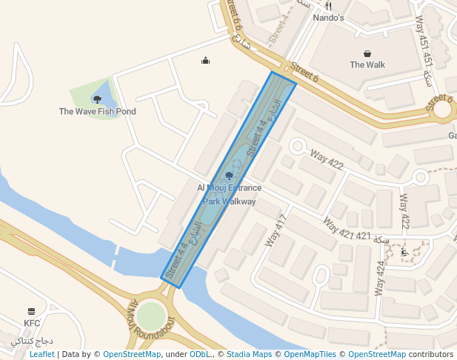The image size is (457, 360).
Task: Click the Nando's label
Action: click(328, 18)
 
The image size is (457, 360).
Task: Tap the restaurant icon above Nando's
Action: click(328, 6)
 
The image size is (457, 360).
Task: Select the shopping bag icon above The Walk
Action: click(367, 53)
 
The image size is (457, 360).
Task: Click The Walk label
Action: click(367, 64)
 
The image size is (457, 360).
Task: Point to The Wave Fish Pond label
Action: click(98, 112)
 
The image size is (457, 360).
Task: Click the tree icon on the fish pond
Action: click(97, 99)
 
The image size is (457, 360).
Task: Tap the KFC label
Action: click(32, 323)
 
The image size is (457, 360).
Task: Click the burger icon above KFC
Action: click(31, 311)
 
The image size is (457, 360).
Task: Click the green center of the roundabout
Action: click(151, 316)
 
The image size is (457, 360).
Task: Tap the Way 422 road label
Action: click(327, 159)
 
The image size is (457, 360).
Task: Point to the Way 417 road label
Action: click(275, 230)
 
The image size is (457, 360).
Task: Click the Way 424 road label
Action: click(381, 278)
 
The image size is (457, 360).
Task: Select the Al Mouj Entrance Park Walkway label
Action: click(230, 195)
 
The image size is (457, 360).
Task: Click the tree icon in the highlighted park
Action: click(229, 176)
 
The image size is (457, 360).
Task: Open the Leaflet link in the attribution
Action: click(41, 354)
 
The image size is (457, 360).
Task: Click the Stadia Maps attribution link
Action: click(249, 354)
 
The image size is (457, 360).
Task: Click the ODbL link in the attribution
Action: click(200, 354)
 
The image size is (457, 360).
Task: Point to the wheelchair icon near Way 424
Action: click(404, 253)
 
